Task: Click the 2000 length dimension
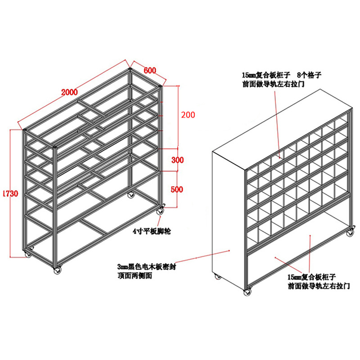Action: [x=69, y=92]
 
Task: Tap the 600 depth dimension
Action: [x=150, y=70]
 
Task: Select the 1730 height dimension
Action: [x=10, y=193]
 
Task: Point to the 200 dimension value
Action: [x=188, y=115]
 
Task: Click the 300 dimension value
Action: [x=177, y=160]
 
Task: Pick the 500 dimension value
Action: [x=177, y=189]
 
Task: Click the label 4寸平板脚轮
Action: [x=152, y=231]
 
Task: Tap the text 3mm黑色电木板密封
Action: [x=147, y=267]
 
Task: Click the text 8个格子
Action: [x=309, y=75]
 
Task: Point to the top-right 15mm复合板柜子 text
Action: [x=266, y=75]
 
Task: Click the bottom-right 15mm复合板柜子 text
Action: [x=312, y=277]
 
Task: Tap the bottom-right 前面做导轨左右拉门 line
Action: [x=319, y=286]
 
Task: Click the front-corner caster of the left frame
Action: [x=58, y=270]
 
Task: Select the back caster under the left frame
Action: [x=131, y=195]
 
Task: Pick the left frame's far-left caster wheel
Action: [x=28, y=253]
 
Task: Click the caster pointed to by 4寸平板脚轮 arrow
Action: [x=161, y=210]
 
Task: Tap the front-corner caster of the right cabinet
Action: [x=247, y=291]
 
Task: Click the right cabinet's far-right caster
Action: [x=350, y=232]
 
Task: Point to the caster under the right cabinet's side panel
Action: [x=218, y=276]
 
